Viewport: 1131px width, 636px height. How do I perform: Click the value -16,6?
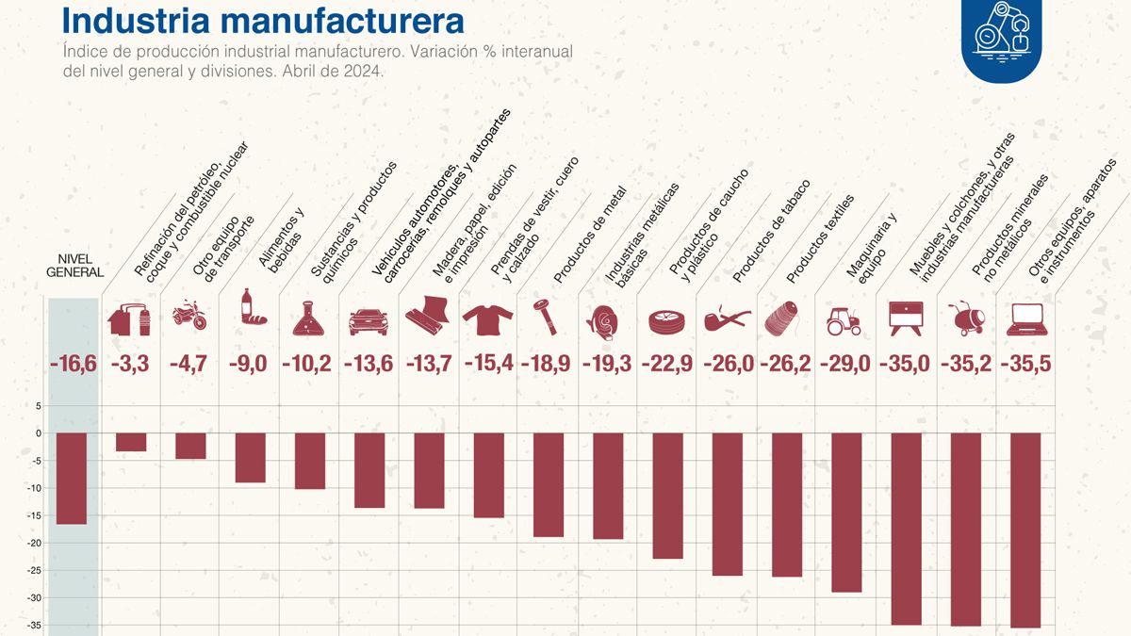(74, 365)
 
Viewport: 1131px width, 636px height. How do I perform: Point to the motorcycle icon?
(189, 317)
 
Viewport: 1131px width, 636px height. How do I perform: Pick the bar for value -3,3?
(131, 442)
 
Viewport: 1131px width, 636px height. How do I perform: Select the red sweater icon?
(487, 319)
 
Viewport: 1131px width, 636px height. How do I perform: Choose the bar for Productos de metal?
(548, 484)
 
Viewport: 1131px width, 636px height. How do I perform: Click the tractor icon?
(843, 320)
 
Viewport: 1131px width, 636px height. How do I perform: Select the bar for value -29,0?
(846, 512)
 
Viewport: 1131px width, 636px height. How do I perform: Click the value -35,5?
(1025, 365)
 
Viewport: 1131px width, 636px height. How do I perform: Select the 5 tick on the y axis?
(39, 406)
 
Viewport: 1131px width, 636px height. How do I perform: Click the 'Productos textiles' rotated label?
(820, 240)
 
